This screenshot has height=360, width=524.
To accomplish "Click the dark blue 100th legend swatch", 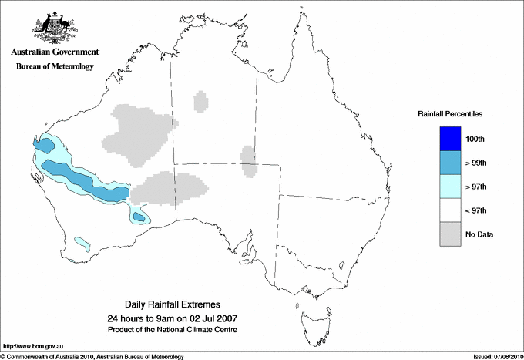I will click(x=451, y=138).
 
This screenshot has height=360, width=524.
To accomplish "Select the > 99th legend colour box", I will click(x=451, y=162).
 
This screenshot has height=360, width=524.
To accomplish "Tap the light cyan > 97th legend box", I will click(x=451, y=186).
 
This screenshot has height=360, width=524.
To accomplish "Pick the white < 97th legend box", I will click(x=451, y=210).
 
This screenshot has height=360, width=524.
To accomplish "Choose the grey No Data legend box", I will click(x=451, y=234).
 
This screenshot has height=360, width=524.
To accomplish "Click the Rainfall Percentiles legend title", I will click(x=450, y=113).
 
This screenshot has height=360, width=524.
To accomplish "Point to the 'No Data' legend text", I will click(x=479, y=234).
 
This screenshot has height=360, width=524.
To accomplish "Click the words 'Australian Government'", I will click(x=55, y=52).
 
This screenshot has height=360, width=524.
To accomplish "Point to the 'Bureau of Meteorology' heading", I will click(x=55, y=67).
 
